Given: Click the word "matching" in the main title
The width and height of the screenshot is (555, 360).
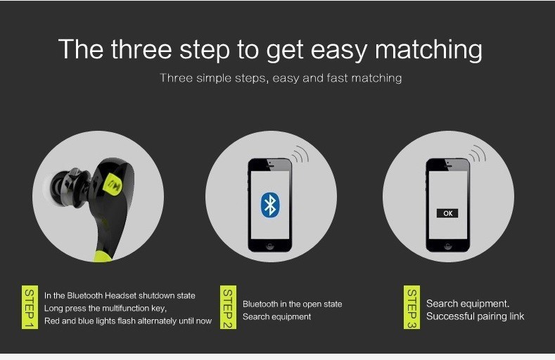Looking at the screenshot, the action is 428,50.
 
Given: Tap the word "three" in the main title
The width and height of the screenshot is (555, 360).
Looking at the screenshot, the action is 141,49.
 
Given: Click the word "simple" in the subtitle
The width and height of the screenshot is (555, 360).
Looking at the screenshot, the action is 215,78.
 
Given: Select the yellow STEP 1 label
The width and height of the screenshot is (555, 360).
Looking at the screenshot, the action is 30,307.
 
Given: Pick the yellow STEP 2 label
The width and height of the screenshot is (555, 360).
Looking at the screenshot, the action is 228,307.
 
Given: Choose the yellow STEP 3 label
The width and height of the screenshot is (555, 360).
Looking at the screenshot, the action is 412,307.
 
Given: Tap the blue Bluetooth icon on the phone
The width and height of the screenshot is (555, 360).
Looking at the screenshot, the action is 270,205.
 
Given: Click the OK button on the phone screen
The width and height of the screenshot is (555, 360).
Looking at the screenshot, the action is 447,213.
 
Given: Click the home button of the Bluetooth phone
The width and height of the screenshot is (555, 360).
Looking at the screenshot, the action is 270,246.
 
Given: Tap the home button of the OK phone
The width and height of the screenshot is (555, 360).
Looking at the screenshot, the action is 448,246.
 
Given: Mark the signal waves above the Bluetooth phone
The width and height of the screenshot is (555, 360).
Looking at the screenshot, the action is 300,153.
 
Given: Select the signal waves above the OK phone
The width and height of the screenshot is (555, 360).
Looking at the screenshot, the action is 478,153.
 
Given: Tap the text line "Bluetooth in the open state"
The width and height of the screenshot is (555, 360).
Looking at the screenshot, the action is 293,304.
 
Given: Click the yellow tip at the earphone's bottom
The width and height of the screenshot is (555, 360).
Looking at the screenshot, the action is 103,256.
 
